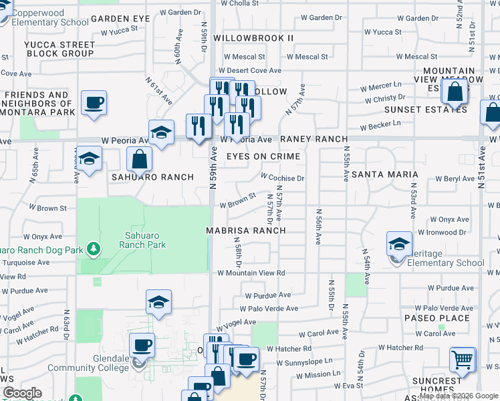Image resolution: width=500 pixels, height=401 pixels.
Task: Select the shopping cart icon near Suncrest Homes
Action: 463,360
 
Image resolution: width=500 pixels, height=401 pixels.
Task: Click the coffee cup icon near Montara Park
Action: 94,103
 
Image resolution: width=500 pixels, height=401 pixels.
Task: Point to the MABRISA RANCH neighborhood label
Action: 245,231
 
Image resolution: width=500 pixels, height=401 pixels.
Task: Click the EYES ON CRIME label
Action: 263,156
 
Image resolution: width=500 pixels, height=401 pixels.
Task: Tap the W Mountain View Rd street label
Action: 251,273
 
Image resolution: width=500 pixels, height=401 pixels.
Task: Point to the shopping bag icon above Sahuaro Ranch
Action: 140,160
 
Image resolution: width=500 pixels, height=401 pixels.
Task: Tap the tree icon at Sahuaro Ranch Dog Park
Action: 94,249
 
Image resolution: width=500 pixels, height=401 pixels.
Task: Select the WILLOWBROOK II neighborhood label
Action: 253,38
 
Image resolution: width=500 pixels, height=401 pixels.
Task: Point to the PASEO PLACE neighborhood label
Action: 437,318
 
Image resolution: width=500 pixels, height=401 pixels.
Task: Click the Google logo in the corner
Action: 22,393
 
